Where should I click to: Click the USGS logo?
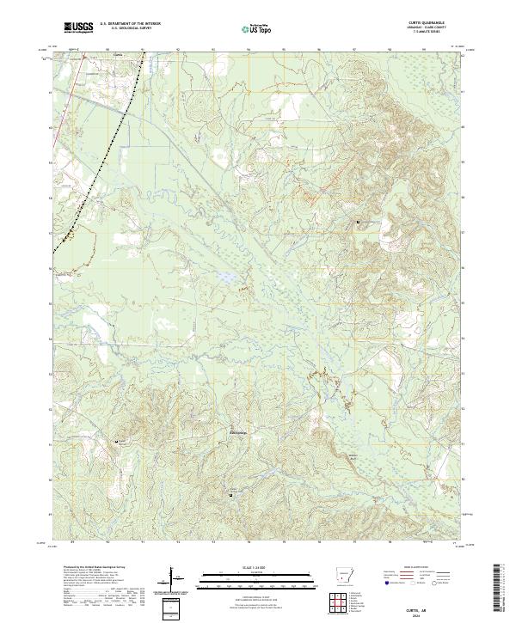point(78,27)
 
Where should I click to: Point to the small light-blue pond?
point(222,278)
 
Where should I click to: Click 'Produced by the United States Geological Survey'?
point(89,569)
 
